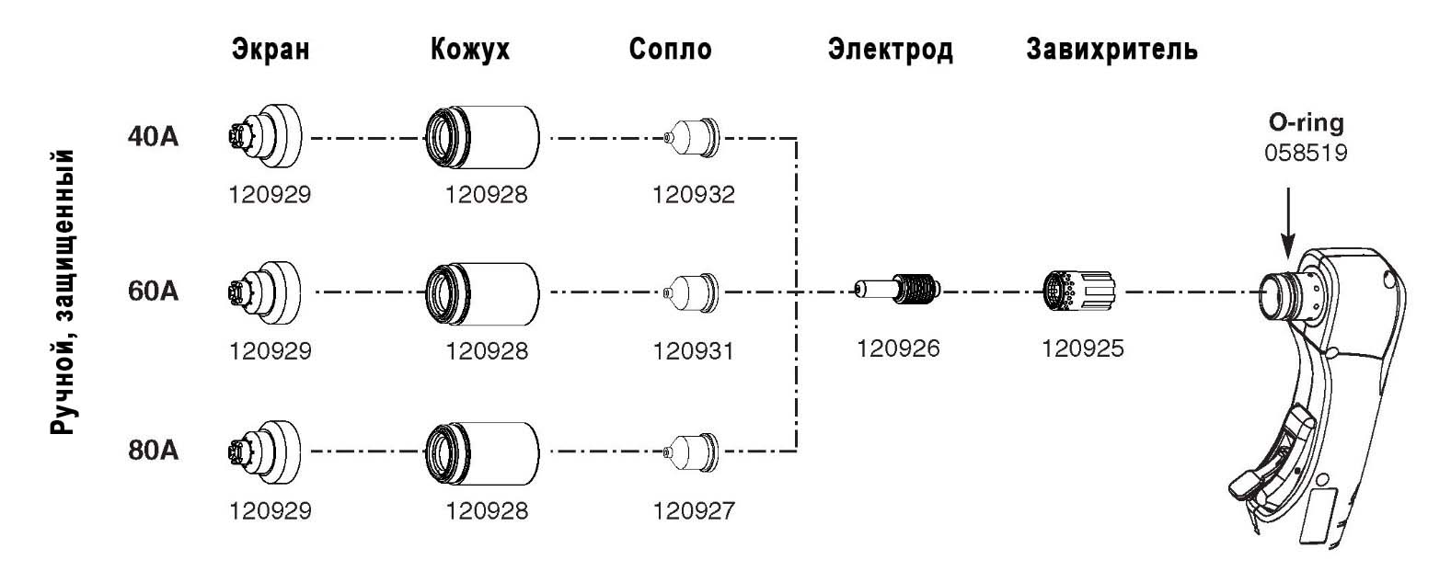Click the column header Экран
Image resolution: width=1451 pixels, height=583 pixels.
coord(271,49)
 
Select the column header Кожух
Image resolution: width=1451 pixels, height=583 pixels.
coord(469,49)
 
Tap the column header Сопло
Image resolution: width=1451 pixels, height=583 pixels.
coord(670,49)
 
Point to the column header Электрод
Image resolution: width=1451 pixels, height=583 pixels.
coord(890,49)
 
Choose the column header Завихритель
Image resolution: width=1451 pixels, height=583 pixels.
coord(1111,49)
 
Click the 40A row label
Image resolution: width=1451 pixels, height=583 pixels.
coord(154,136)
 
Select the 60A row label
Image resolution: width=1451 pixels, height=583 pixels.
coord(154,291)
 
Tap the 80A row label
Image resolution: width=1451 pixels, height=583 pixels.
coord(154,451)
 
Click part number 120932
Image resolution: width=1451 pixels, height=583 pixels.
coord(694,195)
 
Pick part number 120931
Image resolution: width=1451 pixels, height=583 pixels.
coord(694,351)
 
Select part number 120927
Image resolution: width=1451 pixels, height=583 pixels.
coord(694,510)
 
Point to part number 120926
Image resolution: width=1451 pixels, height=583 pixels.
coord(898,349)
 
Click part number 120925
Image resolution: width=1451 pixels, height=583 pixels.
coord(1082,349)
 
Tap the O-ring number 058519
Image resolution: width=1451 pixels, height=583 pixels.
coord(1306,153)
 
